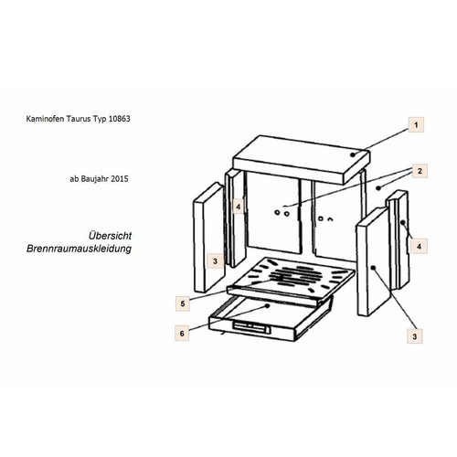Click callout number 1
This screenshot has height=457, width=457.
click(x=416, y=124)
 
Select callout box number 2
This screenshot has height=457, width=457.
click(x=420, y=171)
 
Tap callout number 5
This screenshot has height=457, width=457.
click(x=183, y=303)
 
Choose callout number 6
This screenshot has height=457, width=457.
click(x=182, y=334)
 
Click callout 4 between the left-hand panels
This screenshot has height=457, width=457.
click(x=239, y=207)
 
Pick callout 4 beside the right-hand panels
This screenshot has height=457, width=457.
click(x=419, y=246)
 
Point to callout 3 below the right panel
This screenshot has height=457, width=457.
click(x=414, y=336)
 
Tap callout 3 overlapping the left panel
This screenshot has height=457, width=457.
click(x=215, y=261)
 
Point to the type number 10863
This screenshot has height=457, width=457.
click(x=119, y=119)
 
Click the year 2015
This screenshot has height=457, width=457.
click(x=120, y=179)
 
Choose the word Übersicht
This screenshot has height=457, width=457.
click(x=110, y=236)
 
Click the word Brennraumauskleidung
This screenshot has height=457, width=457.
click(x=79, y=249)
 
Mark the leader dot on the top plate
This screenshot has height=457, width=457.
click(x=353, y=154)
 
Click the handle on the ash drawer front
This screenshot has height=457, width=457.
click(x=251, y=328)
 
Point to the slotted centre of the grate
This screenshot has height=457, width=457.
click(x=295, y=276)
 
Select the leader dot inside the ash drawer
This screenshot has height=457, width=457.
click(x=267, y=305)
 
